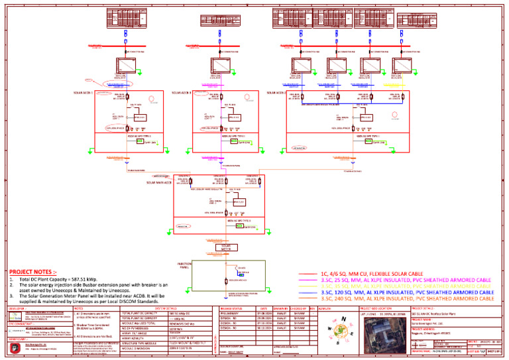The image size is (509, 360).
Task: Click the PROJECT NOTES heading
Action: pos(33,271)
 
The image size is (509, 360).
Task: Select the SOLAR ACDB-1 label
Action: pos(82,93)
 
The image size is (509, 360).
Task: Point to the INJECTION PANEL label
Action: pos(185,265)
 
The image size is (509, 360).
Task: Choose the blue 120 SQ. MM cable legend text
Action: pos(406,292)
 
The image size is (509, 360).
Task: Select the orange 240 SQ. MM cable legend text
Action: pos(406,299)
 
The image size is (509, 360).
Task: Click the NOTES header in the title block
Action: pos(78,308)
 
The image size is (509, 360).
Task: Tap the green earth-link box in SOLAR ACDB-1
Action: pos(140,141)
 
